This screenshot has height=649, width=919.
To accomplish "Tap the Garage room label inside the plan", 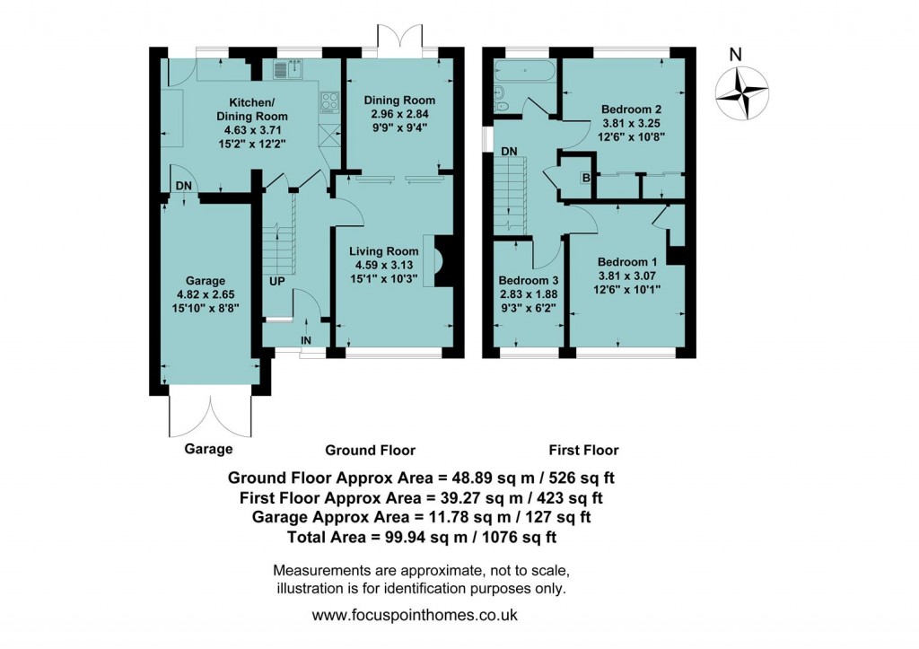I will point(206,280).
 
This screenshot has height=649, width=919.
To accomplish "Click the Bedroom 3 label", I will point(528,280).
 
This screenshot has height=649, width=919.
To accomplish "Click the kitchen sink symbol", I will point(289,69).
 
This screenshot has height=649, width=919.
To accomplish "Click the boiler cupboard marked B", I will point(586,178).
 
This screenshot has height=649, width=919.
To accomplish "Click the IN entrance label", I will point(306,341).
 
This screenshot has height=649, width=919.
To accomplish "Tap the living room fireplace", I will point(442,261).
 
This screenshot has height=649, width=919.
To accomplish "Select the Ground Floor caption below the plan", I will point(370,450).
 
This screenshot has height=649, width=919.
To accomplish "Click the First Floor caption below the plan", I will point(583,450).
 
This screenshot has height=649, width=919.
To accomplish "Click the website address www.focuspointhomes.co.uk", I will point(414,616).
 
